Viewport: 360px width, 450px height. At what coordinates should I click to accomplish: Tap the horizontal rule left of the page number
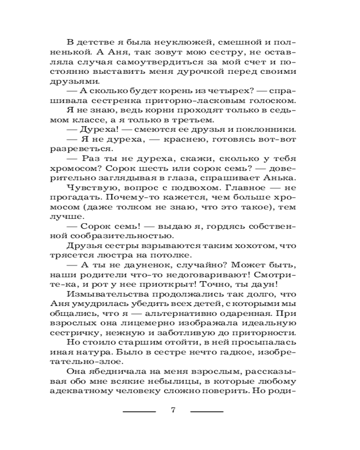[x=139, y=411]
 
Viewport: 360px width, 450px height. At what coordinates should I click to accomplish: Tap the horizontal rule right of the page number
[x=207, y=411]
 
